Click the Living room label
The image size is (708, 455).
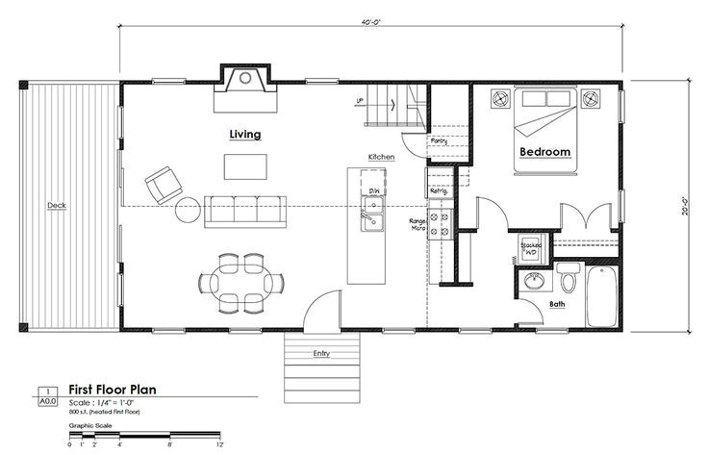(x=244, y=135)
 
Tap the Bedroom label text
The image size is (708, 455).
(x=545, y=152)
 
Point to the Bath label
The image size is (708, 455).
(x=557, y=305)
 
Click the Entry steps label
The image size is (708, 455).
(x=321, y=354)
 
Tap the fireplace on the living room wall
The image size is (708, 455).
(x=245, y=85)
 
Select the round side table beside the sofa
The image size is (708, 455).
(x=188, y=210)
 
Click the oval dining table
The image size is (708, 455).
(x=241, y=280)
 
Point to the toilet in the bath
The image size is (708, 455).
(x=567, y=280)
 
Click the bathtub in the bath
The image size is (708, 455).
(x=604, y=296)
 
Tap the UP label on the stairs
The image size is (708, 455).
(x=360, y=100)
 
